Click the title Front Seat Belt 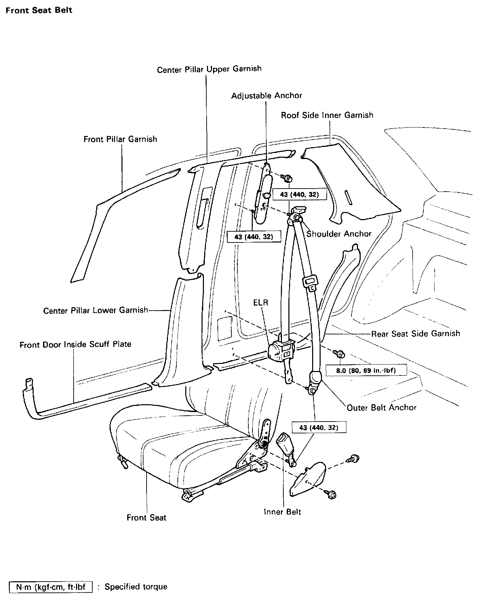pyautogui.click(x=39, y=10)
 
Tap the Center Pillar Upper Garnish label pyautogui.click(x=209, y=69)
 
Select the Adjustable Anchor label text pyautogui.click(x=266, y=96)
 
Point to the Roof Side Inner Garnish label pyautogui.click(x=327, y=115)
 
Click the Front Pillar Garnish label pyautogui.click(x=120, y=139)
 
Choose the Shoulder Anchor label pyautogui.click(x=339, y=234)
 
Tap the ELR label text pyautogui.click(x=261, y=302)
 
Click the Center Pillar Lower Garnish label pyautogui.click(x=96, y=310)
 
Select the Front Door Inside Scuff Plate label pyautogui.click(x=75, y=345)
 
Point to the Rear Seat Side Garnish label pyautogui.click(x=415, y=333)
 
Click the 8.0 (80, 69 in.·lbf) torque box pyautogui.click(x=366, y=370)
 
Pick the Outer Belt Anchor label pyautogui.click(x=381, y=407)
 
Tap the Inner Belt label pyautogui.click(x=282, y=512)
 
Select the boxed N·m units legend pyautogui.click(x=51, y=587)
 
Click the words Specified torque pyautogui.click(x=136, y=587)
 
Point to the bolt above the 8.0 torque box pyautogui.click(x=339, y=354)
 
